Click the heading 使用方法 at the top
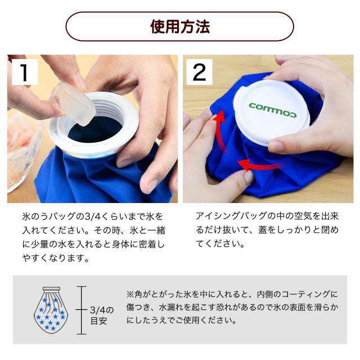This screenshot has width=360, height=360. point(180,26)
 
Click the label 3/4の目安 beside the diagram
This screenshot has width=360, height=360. point(102,316)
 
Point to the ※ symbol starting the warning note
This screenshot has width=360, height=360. point(130,294)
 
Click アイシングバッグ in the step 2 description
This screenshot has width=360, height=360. point(229,217)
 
